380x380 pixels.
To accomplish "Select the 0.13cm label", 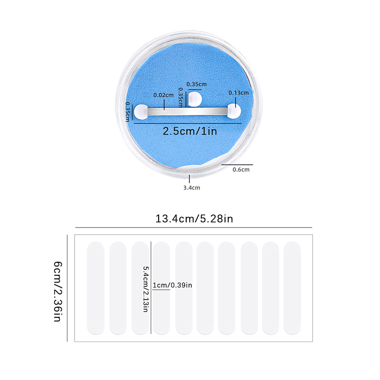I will [238, 93].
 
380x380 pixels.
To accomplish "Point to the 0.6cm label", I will [241, 169].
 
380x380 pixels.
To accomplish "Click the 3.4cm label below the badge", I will [191, 188].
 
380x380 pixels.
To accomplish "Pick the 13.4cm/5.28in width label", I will [193, 219].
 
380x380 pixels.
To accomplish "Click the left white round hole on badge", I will [141, 112].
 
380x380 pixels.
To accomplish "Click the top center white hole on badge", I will [195, 99].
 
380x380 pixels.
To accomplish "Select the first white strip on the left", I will [95, 287].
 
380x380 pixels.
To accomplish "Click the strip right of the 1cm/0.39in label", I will [183, 287].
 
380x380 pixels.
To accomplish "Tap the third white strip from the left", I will [139, 287].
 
